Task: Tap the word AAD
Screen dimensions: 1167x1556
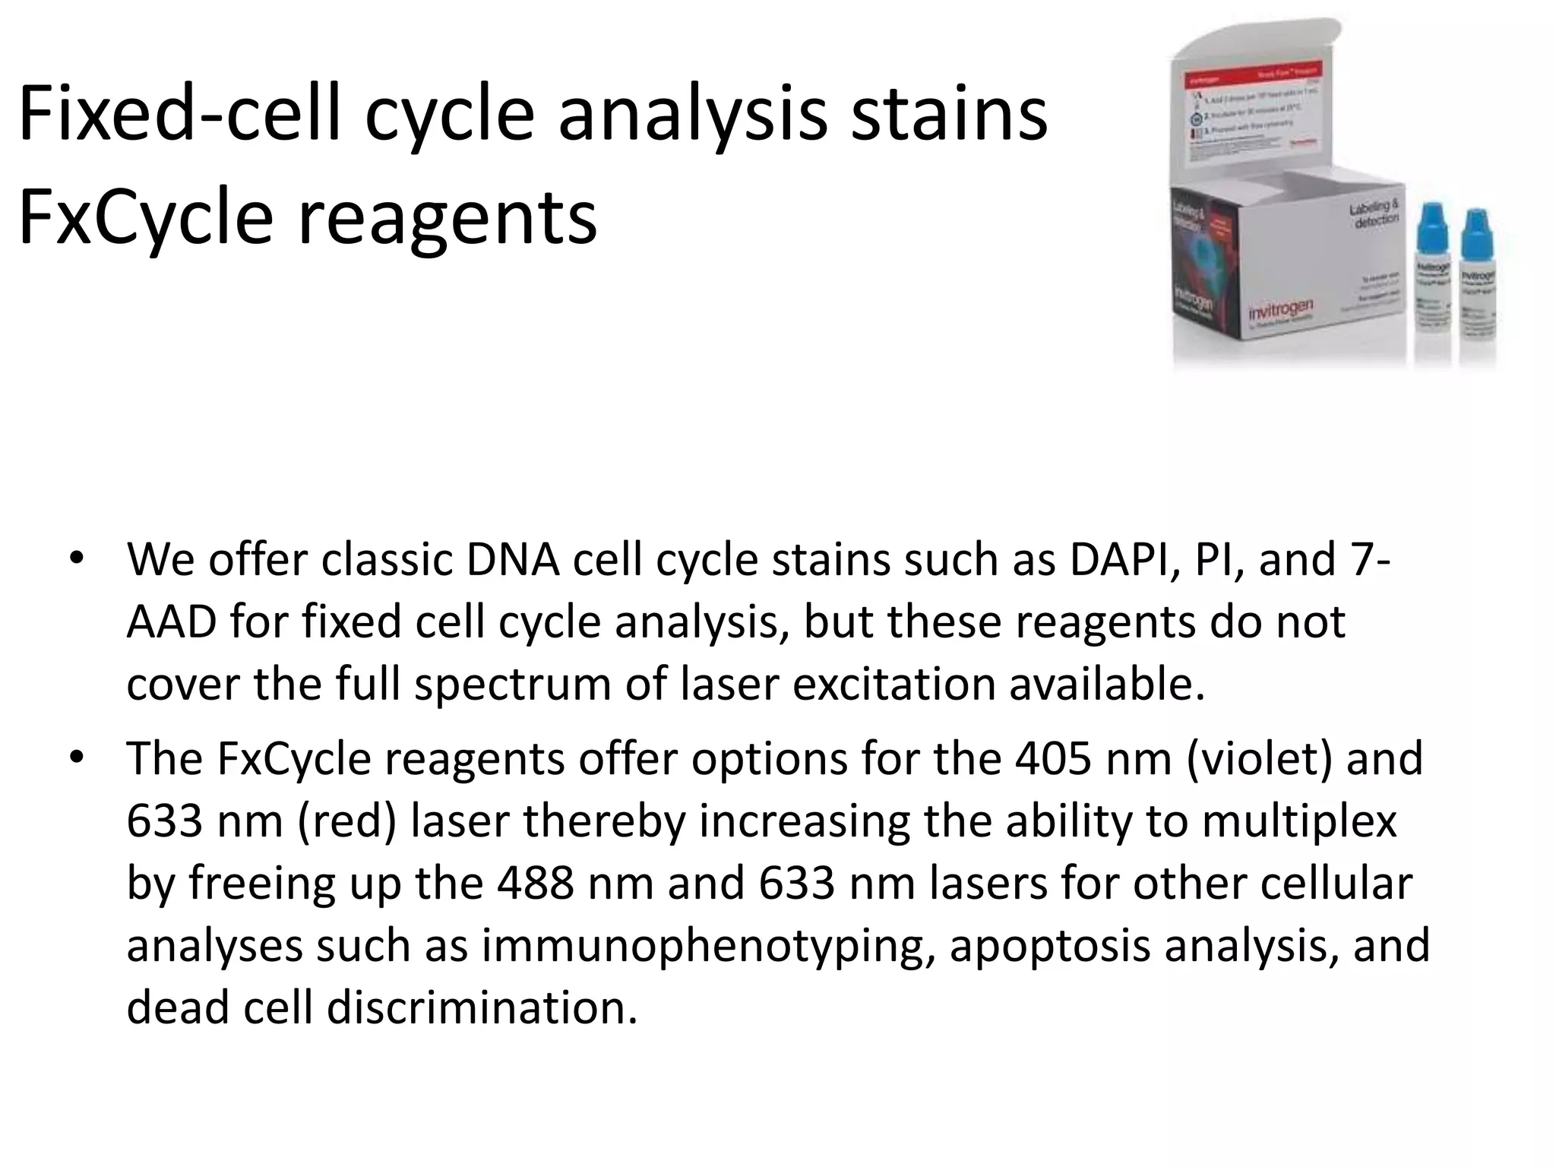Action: [171, 622]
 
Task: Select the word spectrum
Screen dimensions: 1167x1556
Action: [513, 685]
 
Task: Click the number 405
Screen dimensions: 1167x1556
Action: [1053, 759]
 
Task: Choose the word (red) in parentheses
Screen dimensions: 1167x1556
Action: [346, 821]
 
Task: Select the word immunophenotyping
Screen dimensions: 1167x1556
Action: [707, 947]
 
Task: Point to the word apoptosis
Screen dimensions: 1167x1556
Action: [1050, 947]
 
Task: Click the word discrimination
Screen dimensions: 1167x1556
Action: [482, 1008]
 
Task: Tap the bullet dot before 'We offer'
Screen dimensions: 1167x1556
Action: [76, 559]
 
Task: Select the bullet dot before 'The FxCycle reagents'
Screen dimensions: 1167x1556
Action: [76, 758]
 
